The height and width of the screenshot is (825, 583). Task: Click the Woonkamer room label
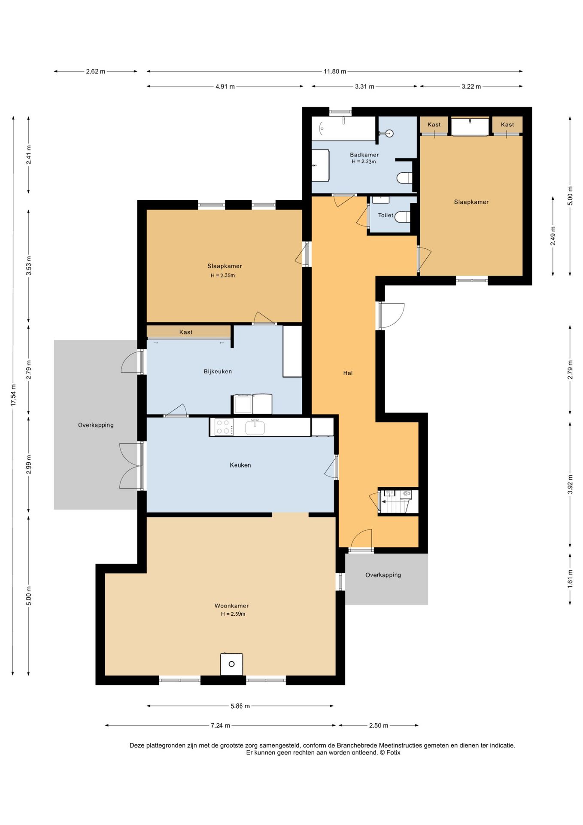(x=232, y=606)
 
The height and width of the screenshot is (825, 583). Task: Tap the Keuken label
(x=240, y=465)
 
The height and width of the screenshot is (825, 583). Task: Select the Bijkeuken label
(x=218, y=372)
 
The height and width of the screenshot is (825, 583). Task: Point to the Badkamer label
(x=364, y=155)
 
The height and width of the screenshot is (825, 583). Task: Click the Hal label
(x=348, y=373)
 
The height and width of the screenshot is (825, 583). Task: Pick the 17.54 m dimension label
(x=13, y=395)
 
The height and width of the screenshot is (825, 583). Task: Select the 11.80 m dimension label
(x=335, y=71)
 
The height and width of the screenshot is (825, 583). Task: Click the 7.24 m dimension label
(x=220, y=725)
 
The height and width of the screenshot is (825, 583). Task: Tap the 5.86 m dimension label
(x=240, y=706)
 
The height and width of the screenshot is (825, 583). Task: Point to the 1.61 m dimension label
(x=570, y=579)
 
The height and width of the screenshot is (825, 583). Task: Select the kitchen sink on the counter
(x=255, y=427)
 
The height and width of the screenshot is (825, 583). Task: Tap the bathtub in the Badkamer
(x=344, y=128)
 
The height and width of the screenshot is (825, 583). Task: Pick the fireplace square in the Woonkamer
(x=231, y=664)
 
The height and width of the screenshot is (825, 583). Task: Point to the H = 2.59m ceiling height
(x=233, y=614)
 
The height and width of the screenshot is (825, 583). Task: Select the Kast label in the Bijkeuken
(x=186, y=332)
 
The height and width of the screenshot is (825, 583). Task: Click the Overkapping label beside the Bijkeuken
(x=96, y=425)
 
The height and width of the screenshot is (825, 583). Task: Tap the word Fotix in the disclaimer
(x=393, y=752)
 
